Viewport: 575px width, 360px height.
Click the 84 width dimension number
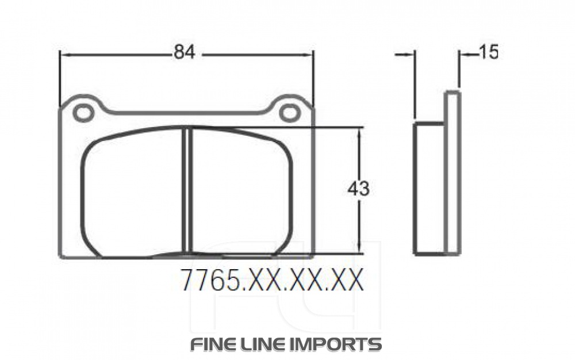[185, 52]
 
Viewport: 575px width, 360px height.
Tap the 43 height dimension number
[358, 189]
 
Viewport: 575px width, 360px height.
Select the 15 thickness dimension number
[488, 52]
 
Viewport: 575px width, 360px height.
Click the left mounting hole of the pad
[83, 113]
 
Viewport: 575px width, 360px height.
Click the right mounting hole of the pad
[289, 113]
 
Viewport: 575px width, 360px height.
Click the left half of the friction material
[132, 193]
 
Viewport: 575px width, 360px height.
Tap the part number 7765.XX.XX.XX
[271, 281]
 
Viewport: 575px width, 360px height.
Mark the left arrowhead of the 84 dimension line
[64, 55]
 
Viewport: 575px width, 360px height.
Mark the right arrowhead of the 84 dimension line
[309, 55]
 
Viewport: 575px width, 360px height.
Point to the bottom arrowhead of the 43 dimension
[359, 248]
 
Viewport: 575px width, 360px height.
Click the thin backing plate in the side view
[453, 173]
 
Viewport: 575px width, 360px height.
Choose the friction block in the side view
[429, 189]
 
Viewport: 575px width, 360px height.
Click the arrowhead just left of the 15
[463, 54]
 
